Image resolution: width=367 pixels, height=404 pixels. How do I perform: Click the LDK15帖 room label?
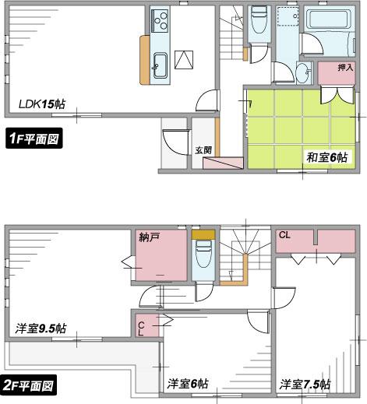(42, 102)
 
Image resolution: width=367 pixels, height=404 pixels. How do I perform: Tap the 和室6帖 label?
(326, 158)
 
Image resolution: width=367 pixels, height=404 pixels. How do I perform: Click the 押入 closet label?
(345, 69)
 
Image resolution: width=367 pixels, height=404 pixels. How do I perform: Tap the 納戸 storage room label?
(150, 237)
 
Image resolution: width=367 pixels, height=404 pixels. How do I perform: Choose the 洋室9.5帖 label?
(41, 328)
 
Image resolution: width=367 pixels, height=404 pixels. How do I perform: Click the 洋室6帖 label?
(188, 384)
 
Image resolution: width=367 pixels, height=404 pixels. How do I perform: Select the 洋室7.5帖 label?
(305, 384)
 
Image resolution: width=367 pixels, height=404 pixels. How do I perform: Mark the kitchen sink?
(161, 65)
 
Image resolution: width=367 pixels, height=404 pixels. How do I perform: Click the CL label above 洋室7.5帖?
(284, 234)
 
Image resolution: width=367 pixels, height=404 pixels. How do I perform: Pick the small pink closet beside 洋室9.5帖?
(146, 325)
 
